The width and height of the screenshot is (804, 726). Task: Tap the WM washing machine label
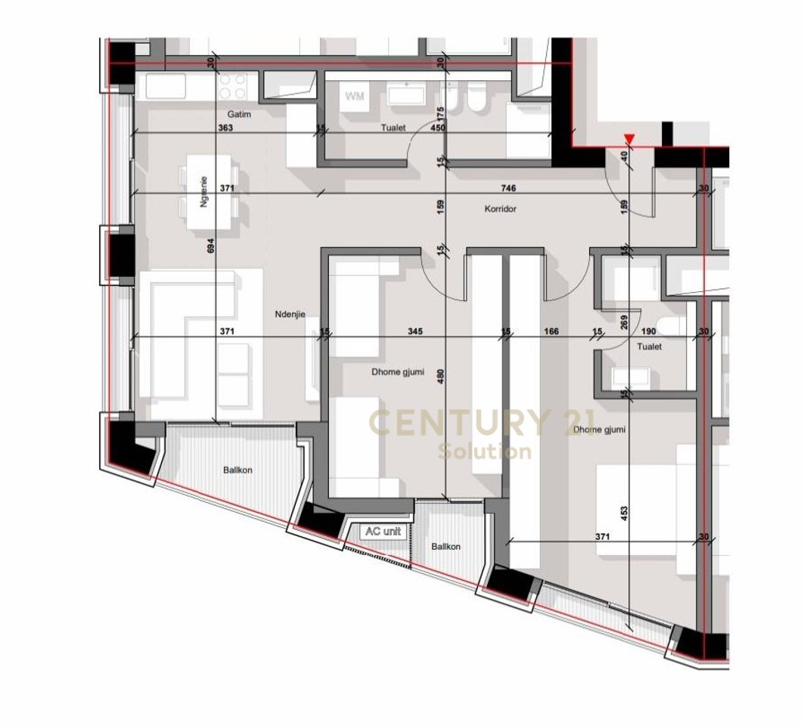[x=354, y=96]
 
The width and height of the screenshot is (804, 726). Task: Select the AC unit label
[x=383, y=532]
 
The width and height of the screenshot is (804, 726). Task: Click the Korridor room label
[x=501, y=209]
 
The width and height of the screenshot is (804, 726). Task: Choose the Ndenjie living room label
[x=290, y=314]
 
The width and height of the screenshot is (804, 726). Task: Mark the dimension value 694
[x=211, y=250]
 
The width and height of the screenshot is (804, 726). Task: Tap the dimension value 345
[x=414, y=331]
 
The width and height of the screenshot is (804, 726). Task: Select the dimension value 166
[x=551, y=331]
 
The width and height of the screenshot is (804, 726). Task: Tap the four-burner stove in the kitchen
[x=233, y=85]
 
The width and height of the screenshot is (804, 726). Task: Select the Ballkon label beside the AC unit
[x=445, y=547]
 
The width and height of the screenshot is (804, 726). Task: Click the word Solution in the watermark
[x=484, y=452]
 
